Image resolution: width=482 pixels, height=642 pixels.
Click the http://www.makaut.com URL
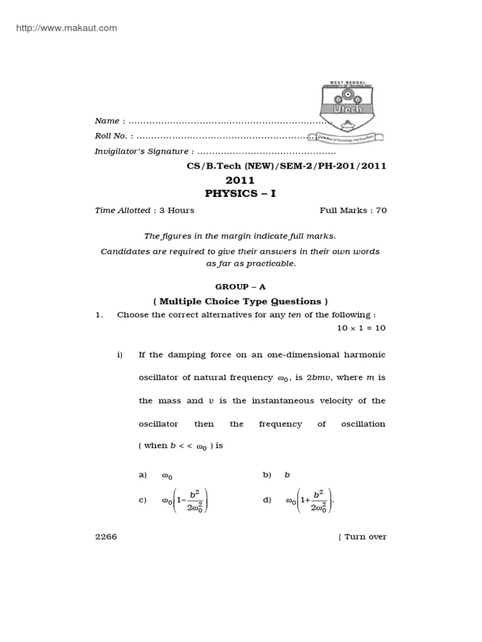click(62, 28)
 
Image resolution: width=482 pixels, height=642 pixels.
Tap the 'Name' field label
click(107, 120)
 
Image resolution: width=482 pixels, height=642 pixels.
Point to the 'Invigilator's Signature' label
click(141, 151)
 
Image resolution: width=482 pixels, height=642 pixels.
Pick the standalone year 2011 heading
click(240, 181)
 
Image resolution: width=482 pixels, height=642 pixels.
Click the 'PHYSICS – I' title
click(240, 194)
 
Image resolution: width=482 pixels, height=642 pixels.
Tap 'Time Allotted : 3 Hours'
click(144, 211)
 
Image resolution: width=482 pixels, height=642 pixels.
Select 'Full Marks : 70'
click(353, 211)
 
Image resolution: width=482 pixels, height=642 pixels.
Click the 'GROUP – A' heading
click(240, 286)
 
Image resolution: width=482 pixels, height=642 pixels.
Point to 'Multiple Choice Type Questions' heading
click(240, 300)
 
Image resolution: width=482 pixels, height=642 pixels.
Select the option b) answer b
click(287, 475)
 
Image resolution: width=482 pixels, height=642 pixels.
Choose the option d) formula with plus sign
click(309, 500)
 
